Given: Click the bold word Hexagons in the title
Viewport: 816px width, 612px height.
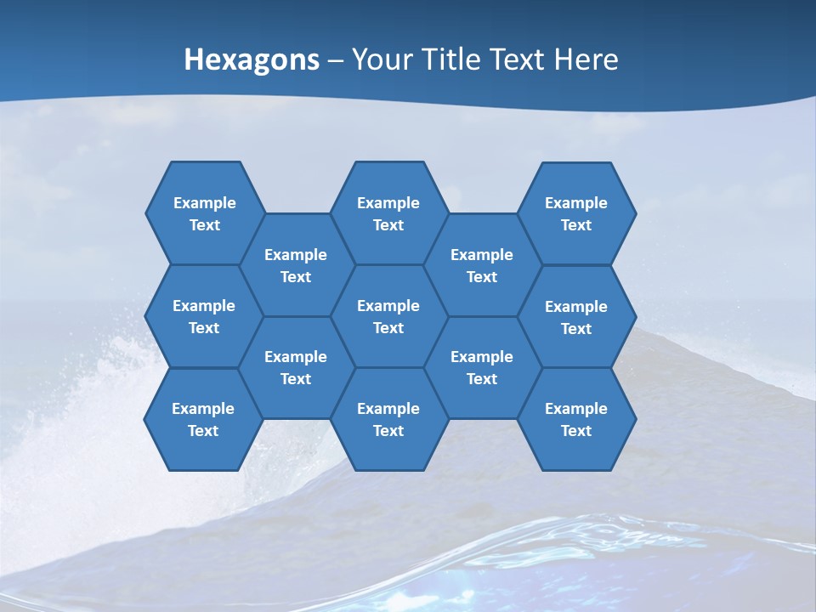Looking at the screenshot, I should click(252, 59).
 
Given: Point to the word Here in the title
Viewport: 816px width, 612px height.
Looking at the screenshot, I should click(586, 59).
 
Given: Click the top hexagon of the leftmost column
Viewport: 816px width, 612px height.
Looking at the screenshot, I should click(204, 213).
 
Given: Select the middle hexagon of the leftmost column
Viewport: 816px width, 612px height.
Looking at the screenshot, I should click(204, 316).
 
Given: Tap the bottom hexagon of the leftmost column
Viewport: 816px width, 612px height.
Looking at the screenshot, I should click(203, 419).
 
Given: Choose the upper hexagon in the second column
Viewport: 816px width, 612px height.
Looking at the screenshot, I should click(296, 265).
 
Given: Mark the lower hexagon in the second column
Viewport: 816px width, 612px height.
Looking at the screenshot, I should click(296, 367).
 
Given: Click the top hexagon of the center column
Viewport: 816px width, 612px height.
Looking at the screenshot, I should click(388, 213).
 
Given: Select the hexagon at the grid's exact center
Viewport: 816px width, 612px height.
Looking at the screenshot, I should click(388, 316).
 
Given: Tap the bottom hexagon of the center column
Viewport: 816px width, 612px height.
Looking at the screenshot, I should click(388, 419).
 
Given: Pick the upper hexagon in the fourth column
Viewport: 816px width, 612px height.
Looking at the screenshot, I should click(482, 265).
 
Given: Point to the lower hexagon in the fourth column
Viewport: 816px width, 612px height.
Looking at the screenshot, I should click(482, 367).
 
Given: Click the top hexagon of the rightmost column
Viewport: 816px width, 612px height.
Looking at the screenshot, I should click(576, 213).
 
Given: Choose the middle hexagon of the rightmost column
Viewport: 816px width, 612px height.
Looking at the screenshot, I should click(576, 317).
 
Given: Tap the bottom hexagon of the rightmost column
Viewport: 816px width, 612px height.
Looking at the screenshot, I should click(576, 419).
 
